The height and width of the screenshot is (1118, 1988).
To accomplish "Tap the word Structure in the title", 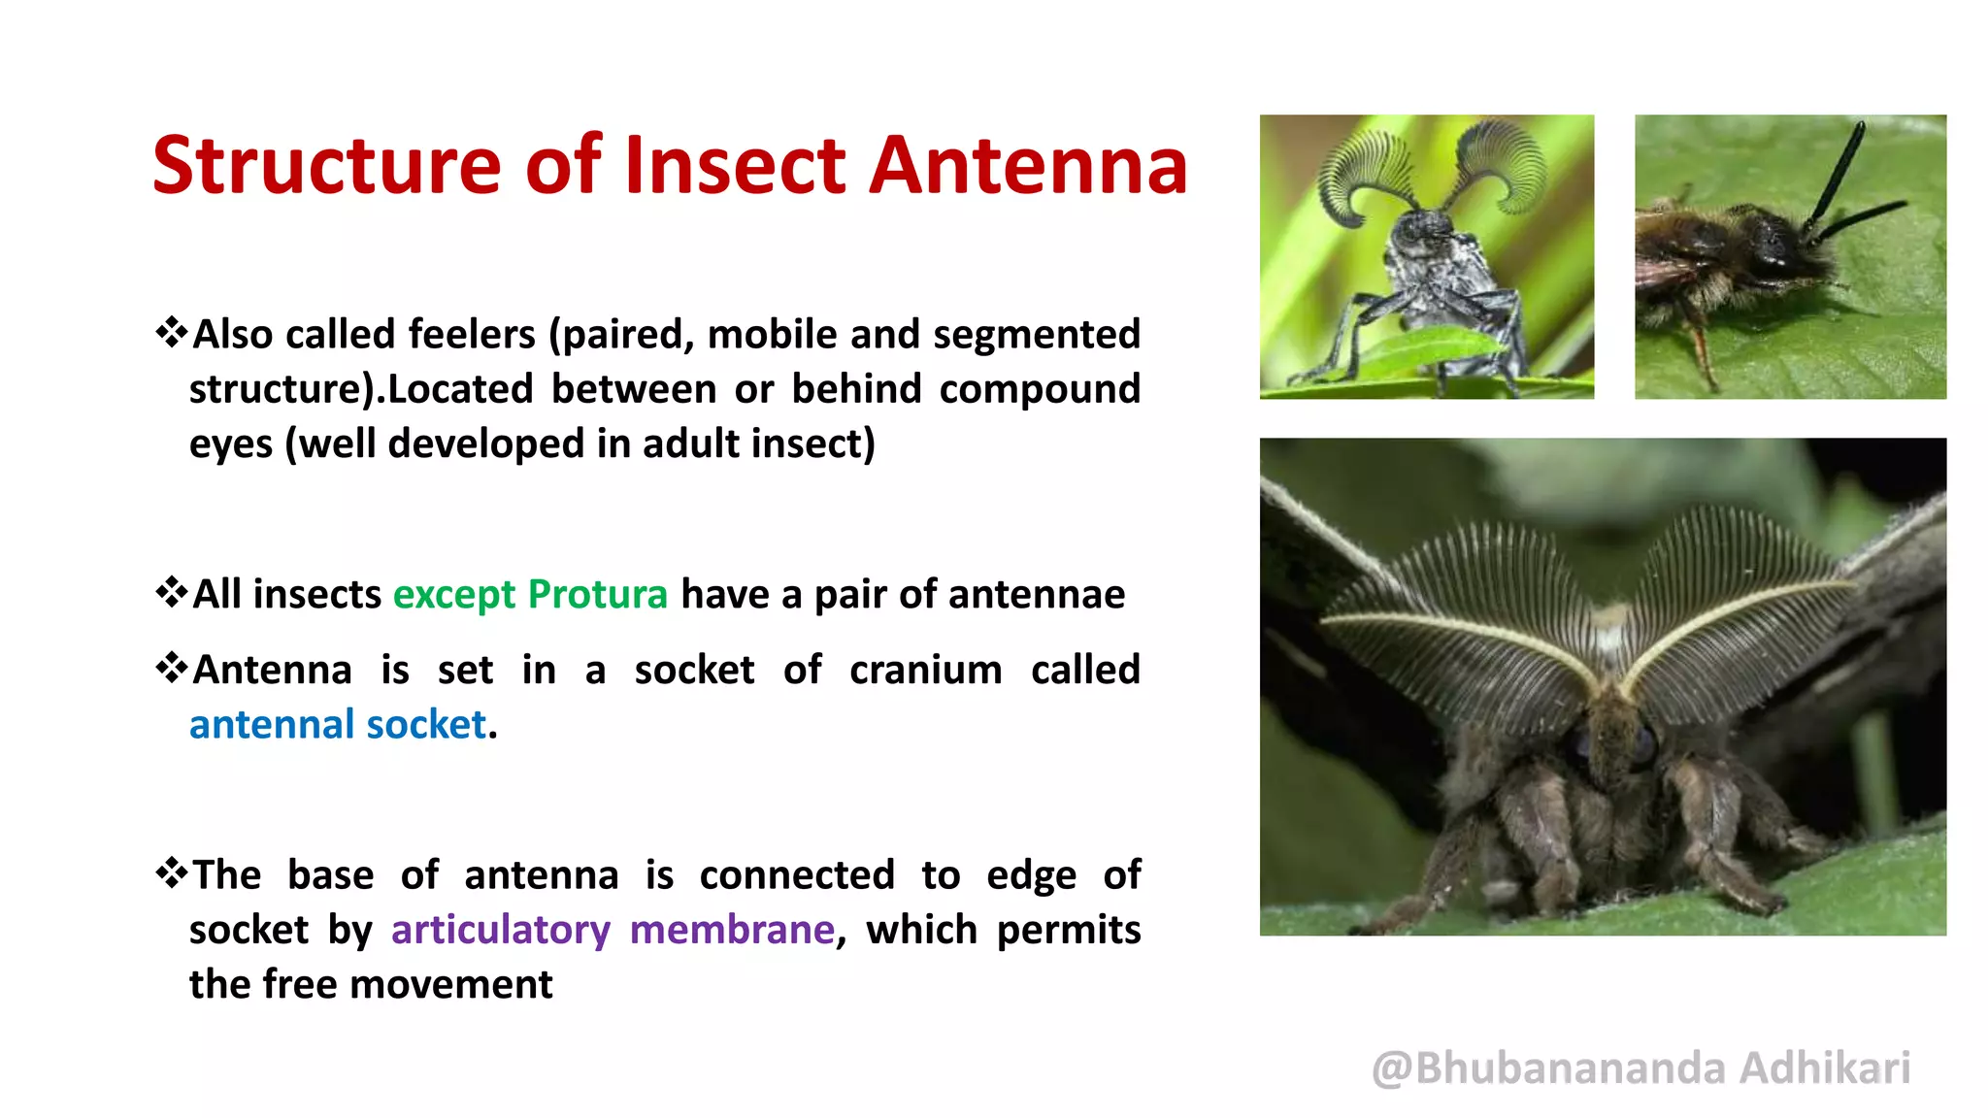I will [x=326, y=166].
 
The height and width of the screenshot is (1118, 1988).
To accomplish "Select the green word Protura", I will [x=597, y=594].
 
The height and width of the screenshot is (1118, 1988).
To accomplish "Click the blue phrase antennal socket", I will [x=337, y=725].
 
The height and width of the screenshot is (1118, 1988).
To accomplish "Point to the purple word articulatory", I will [x=500, y=930].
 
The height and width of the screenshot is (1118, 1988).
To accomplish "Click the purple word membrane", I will [x=732, y=930].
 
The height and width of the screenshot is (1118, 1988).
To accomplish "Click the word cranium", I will [x=925, y=670].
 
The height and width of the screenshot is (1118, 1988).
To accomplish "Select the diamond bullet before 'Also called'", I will [x=171, y=332].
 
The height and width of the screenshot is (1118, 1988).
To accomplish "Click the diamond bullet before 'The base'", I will [x=171, y=872].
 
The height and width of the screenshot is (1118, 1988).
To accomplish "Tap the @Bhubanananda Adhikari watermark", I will [x=1640, y=1068].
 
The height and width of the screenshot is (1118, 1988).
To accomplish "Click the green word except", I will [x=453, y=594].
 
